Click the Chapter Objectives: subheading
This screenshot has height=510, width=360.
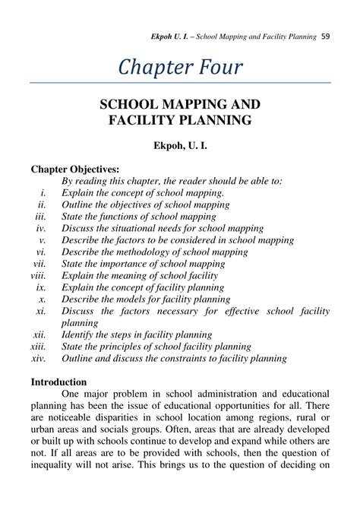(74, 169)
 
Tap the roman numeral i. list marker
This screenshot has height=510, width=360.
(44, 193)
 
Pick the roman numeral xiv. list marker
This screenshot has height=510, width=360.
(39, 357)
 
